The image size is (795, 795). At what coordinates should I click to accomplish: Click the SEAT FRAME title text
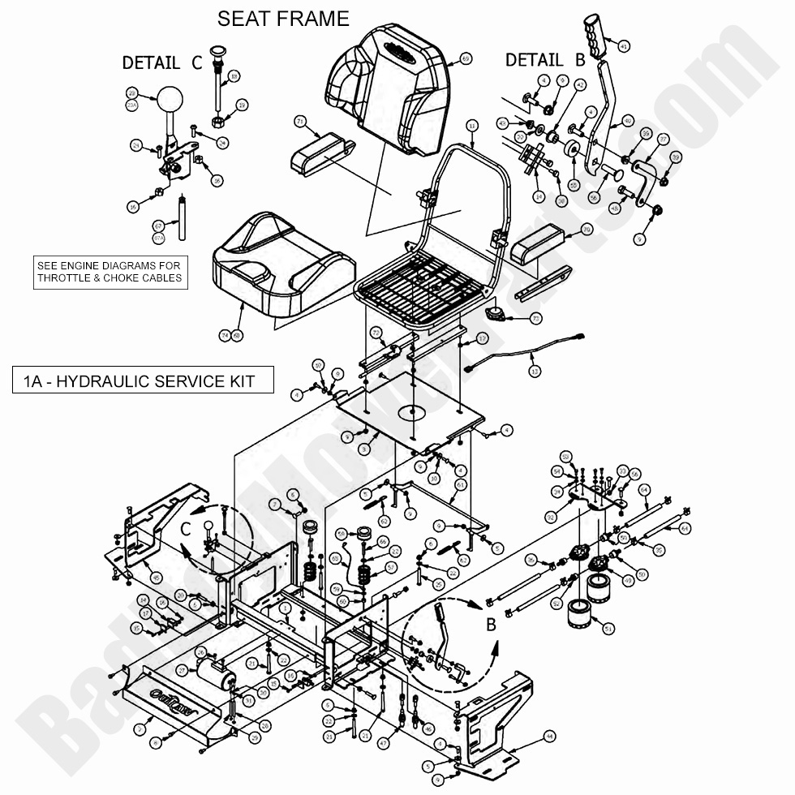point(283,18)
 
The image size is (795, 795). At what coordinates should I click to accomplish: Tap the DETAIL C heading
point(162,62)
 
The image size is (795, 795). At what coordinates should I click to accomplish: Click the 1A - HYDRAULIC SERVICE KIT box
point(144,380)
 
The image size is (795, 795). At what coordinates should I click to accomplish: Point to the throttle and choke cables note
point(110,272)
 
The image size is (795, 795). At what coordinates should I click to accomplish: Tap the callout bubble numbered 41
point(623,46)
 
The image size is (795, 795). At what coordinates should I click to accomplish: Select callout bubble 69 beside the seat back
point(465,58)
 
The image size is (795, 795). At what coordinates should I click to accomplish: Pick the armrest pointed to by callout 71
point(319,152)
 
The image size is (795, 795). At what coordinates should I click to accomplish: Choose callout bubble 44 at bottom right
point(549,737)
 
